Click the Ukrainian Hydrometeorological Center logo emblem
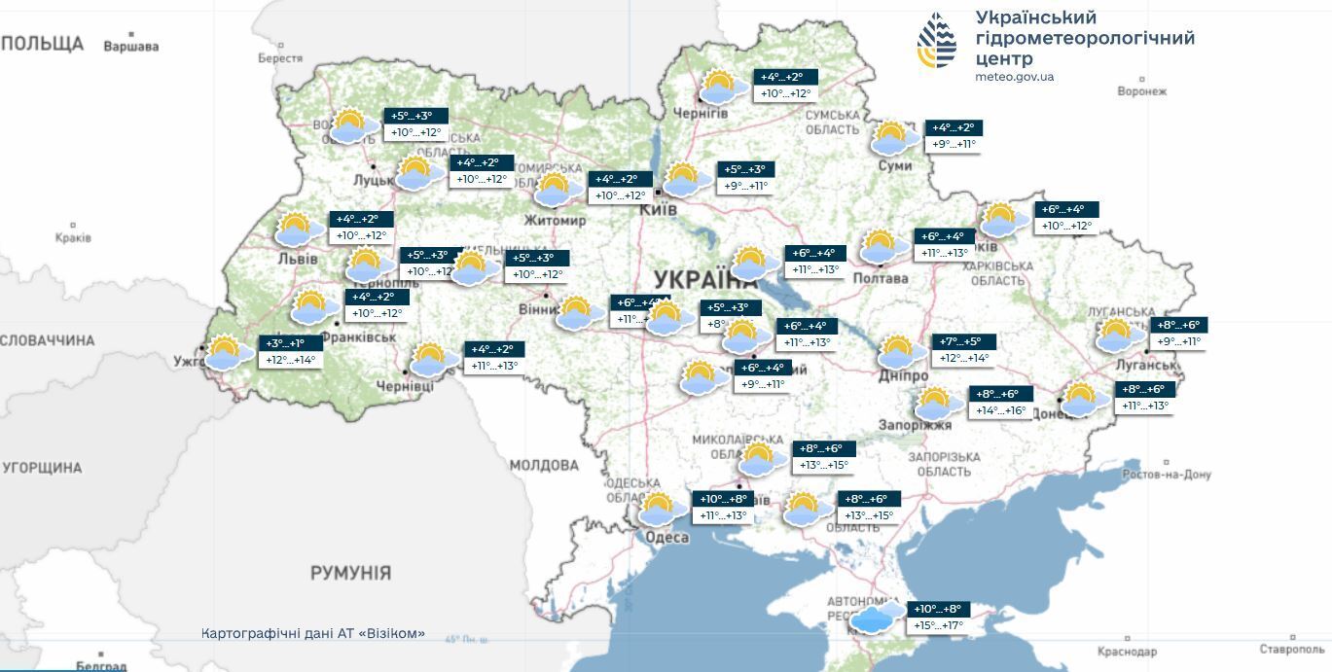tap(937, 41)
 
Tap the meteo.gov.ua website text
tap(1014, 77)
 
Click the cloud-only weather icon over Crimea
tap(879, 617)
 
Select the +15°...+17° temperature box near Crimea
tap(936, 625)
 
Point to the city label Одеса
tap(666, 537)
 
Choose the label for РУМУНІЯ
tap(350, 573)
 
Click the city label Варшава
tap(130, 46)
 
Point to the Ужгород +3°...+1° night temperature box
tap(285, 343)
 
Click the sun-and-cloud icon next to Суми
tap(893, 138)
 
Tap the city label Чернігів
tap(701, 113)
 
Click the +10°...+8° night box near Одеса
tap(723, 499)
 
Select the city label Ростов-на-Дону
tap(1166, 475)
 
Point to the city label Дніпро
tap(901, 375)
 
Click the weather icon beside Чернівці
tap(434, 360)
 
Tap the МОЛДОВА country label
tap(544, 466)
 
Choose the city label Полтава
tap(880, 278)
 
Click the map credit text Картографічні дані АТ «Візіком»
tap(313, 633)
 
